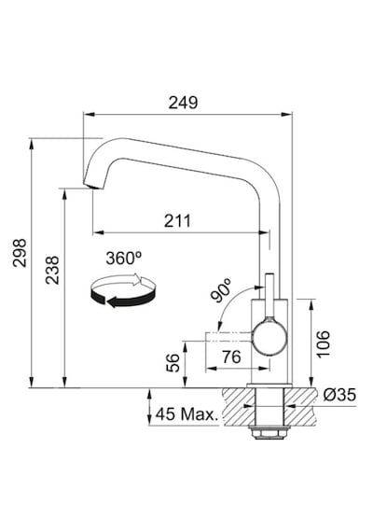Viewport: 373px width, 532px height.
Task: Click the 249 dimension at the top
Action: click(183, 103)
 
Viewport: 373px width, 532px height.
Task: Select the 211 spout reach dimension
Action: click(177, 221)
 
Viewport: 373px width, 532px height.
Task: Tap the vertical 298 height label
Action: click(20, 253)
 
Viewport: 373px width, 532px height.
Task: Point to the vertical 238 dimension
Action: click(52, 270)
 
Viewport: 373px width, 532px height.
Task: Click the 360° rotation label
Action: click(123, 259)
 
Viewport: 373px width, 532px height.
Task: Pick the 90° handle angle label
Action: click(221, 290)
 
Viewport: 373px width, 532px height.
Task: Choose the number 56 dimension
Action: click(173, 363)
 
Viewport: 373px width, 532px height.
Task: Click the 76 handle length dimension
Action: click(231, 357)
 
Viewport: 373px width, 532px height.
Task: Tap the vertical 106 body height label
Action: click(323, 343)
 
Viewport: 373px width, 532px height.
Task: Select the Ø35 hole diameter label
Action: click(339, 395)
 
